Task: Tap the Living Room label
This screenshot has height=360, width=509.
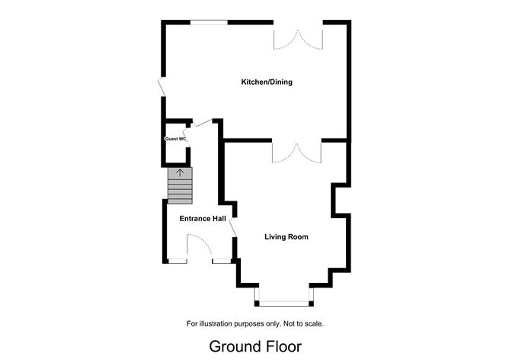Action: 287,237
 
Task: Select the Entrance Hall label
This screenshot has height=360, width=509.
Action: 202,220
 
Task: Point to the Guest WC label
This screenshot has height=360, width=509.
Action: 176,139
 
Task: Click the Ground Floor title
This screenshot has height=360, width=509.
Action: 255,346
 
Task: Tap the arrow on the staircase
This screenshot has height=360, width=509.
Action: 180,172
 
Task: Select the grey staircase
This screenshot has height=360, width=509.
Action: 180,187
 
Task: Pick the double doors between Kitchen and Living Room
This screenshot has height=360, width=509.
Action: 296,152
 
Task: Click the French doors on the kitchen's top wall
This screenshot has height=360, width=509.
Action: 298,37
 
